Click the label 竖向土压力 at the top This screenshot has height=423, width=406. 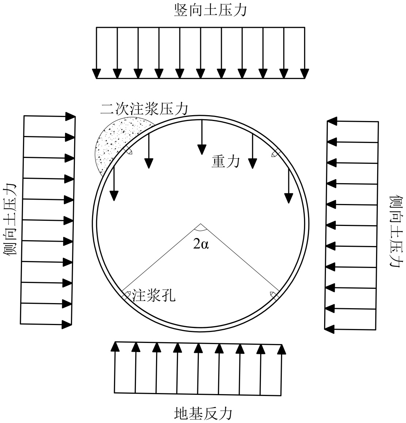(210, 10)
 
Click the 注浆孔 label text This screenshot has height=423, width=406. (153, 295)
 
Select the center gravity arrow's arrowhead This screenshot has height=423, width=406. (201, 149)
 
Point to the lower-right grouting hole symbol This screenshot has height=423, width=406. (274, 294)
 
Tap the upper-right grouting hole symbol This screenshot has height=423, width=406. (275, 154)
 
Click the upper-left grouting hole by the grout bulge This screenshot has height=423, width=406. (128, 151)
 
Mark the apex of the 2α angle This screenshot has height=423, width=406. (200, 224)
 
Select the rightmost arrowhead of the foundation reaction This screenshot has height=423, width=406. (281, 349)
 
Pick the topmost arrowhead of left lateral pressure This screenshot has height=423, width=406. (70, 116)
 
